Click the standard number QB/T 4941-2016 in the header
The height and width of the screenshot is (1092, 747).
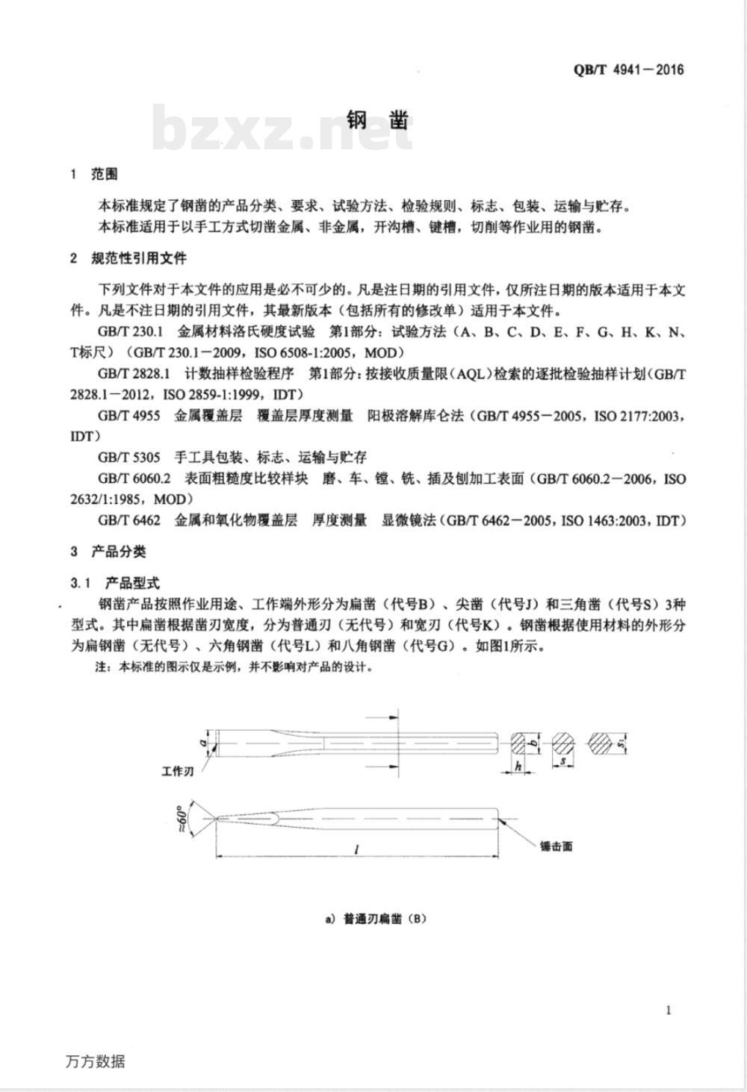[628, 70]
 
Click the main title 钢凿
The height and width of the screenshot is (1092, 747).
[378, 121]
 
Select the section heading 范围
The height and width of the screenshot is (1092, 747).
[104, 175]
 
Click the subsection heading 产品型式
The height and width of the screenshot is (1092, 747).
[131, 582]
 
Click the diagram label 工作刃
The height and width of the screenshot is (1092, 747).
[178, 771]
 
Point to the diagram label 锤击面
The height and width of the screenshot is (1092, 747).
[556, 846]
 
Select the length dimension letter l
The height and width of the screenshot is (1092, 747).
[357, 849]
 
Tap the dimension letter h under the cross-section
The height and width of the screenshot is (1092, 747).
[517, 766]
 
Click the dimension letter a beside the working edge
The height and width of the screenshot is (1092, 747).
[202, 743]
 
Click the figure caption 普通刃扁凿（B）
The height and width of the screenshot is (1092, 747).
[376, 919]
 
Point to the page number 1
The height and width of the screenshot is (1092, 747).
[668, 1011]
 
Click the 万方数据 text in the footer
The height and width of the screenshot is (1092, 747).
[95, 1061]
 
